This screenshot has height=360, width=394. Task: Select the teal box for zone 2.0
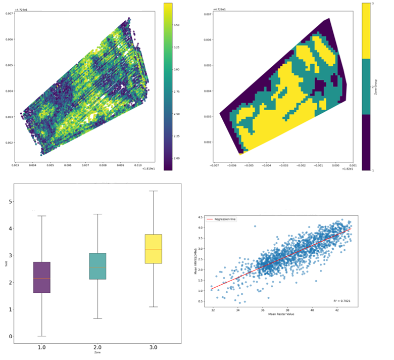(97, 266)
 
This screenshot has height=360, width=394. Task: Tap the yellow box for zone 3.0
(153, 249)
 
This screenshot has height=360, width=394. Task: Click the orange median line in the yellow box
(153, 249)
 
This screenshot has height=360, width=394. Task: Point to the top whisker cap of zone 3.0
(153, 191)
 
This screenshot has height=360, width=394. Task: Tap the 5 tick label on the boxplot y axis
(8, 201)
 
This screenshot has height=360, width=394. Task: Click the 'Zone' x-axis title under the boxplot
(97, 355)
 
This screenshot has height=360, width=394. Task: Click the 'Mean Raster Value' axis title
(279, 314)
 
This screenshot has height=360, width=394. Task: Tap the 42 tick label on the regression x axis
(337, 309)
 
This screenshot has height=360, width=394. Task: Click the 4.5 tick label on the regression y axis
(200, 217)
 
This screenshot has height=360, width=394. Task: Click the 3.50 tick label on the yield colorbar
(177, 24)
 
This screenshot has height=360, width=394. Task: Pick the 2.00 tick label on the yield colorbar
(177, 159)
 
